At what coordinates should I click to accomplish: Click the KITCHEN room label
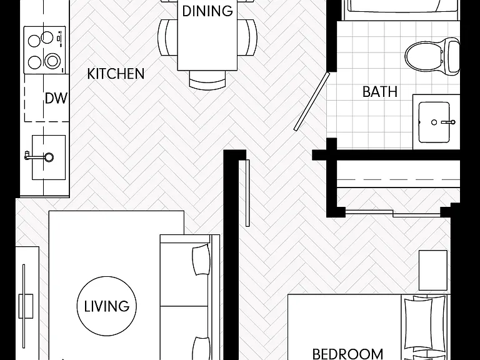116,74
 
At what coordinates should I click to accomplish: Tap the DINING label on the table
207,11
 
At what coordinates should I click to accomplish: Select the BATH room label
380,91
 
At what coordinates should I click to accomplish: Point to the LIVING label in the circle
107,306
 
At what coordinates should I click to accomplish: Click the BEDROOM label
347,354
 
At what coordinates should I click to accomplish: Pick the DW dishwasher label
56,98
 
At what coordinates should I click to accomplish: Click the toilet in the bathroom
432,57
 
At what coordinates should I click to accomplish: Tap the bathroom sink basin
434,122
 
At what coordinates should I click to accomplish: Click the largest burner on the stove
52,61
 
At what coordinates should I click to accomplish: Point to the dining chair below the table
207,79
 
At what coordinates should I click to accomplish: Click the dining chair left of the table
167,37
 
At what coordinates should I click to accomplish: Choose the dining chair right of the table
247,37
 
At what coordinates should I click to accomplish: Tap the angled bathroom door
312,101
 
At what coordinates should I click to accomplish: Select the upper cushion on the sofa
201,259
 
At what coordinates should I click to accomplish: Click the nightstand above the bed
433,270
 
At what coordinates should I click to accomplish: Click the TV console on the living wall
27,303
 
